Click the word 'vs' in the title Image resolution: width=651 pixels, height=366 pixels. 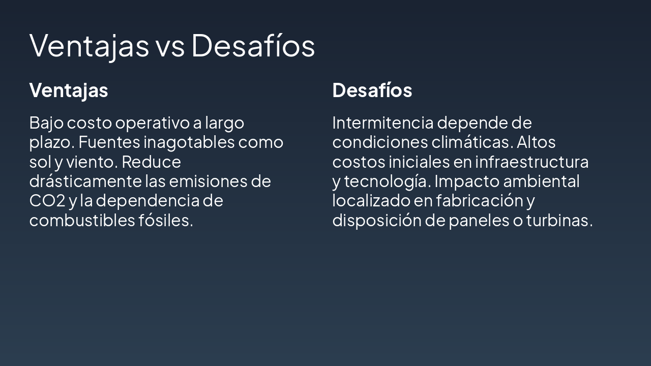[169, 46]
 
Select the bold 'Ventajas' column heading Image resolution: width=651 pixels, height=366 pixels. [69, 90]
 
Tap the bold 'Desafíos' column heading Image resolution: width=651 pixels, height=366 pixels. [372, 90]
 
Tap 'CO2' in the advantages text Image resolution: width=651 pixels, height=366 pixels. [47, 201]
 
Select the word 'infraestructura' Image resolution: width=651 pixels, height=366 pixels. [531, 162]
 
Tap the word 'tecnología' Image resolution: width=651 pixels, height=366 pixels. [387, 181]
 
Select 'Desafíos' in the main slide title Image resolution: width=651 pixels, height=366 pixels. [253, 46]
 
